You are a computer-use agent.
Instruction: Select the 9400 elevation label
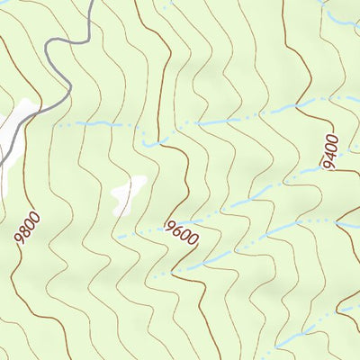point(330,150)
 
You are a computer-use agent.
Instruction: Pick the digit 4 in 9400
point(330,152)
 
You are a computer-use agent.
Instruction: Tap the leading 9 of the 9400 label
point(326,163)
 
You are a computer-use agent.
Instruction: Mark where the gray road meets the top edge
point(90,2)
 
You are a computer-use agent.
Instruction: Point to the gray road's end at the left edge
point(2,163)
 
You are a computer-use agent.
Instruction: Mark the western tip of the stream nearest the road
point(59,125)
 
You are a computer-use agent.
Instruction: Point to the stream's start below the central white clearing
point(118,237)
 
